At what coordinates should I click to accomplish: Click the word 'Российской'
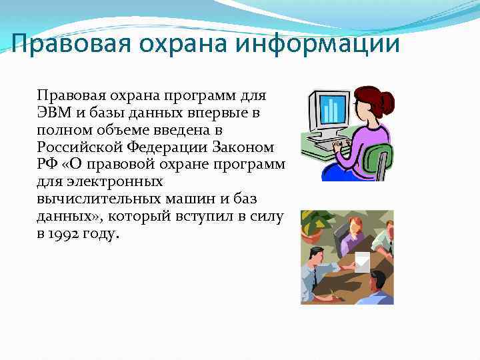75,147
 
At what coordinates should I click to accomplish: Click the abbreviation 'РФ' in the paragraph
48,165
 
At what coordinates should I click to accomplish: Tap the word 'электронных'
109,182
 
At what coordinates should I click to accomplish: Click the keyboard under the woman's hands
327,144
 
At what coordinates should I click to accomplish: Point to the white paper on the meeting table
362,262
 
